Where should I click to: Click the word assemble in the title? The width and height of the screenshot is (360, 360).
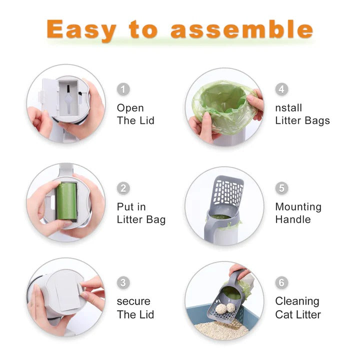click(241, 30)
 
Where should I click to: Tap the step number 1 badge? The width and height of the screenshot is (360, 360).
click(123, 89)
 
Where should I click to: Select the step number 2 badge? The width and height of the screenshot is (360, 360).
click(123, 188)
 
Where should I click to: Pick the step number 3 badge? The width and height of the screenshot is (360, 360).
click(123, 282)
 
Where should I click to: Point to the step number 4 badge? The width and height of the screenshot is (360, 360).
click(282, 89)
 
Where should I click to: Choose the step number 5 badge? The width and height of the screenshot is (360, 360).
click(282, 188)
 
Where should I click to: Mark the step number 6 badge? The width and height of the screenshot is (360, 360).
click(282, 282)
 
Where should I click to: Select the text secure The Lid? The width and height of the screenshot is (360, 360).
click(135, 308)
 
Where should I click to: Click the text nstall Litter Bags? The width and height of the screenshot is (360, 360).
click(302, 114)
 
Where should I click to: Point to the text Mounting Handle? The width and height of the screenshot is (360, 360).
click(298, 213)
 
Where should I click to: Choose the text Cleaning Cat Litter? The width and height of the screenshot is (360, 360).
click(298, 308)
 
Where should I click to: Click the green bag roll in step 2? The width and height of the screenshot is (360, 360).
click(65, 201)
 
